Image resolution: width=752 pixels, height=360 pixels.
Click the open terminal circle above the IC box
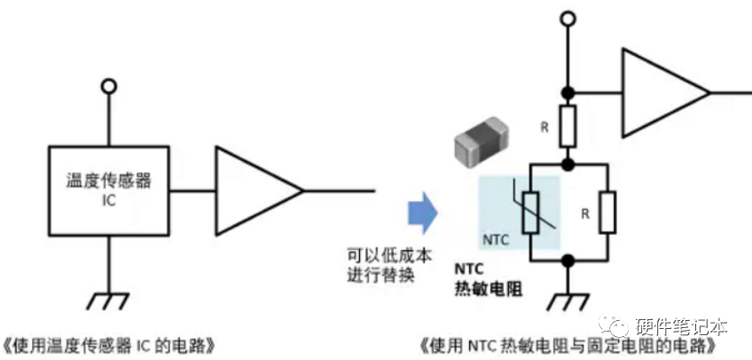(x=109, y=86)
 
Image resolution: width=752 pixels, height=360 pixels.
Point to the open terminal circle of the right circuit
(x=568, y=19)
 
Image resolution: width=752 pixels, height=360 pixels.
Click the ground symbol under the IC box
(x=109, y=301)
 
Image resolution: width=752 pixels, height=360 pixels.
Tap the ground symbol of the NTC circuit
(x=568, y=301)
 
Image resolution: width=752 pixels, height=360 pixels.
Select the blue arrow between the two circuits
(x=422, y=213)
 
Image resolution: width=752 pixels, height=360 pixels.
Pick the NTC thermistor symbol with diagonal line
(x=531, y=212)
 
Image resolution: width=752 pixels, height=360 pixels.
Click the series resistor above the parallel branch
(x=568, y=126)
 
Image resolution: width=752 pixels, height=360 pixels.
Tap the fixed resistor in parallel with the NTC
(x=608, y=212)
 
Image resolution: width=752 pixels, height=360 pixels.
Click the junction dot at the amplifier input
(x=568, y=92)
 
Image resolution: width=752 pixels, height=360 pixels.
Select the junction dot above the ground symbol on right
(x=568, y=261)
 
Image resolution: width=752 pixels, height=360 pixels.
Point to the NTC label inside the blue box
(x=496, y=239)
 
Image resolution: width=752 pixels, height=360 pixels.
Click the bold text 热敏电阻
(x=488, y=290)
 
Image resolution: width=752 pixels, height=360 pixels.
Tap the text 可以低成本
(x=389, y=255)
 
